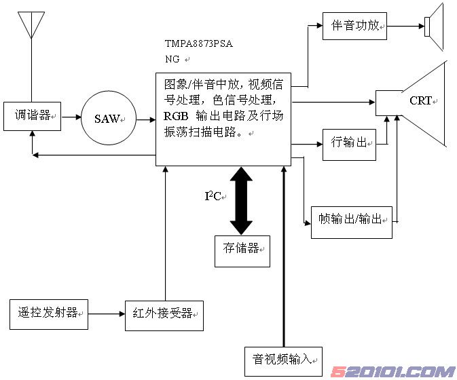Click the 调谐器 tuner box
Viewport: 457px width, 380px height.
coord(32,117)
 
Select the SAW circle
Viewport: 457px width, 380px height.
coord(107,119)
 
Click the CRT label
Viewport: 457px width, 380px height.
coord(420,100)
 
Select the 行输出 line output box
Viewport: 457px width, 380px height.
coord(349,142)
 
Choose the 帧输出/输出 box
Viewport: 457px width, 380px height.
coord(351,221)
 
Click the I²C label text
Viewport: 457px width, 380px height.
coord(214,197)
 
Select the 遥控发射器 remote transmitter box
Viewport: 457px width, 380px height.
coord(49,313)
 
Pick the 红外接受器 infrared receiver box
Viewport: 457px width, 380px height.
coord(164,314)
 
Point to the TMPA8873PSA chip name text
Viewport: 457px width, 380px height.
coord(198,44)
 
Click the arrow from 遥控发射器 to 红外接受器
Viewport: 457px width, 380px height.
coord(106,314)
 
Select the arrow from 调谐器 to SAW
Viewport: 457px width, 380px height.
coord(71,118)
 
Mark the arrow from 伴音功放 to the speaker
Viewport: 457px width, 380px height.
coord(406,27)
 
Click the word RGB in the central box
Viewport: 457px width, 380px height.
coord(175,116)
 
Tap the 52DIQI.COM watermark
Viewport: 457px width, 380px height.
coord(392,371)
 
